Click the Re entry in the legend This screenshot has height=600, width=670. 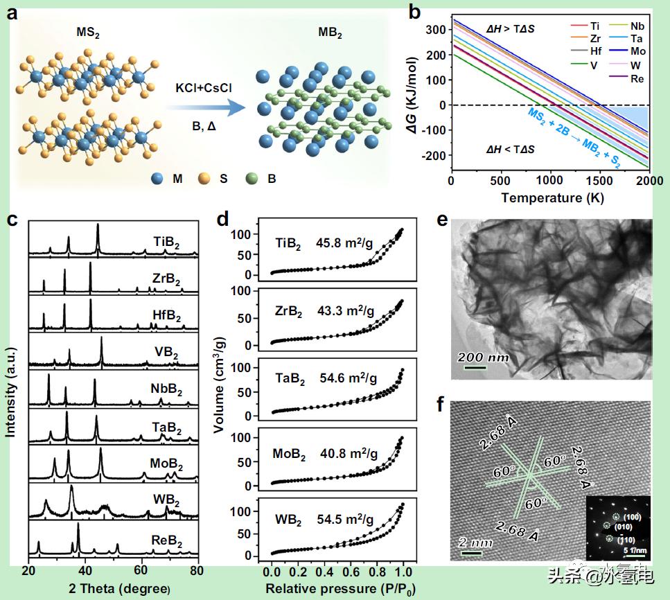click(637, 79)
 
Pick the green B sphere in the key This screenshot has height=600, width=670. click(252, 178)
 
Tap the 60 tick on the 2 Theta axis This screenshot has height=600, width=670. click(141, 571)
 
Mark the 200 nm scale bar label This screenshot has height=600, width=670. click(482, 358)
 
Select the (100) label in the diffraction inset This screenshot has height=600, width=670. click(632, 518)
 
